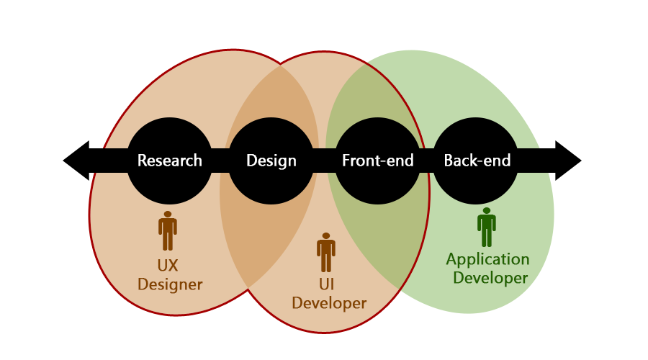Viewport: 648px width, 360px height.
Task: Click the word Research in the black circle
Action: pyautogui.click(x=169, y=161)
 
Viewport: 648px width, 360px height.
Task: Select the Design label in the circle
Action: pyautogui.click(x=271, y=161)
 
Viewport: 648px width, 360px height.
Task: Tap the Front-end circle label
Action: pyautogui.click(x=378, y=161)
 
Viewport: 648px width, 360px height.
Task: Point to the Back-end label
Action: pyautogui.click(x=477, y=161)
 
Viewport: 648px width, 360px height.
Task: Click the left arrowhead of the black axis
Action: pyautogui.click(x=76, y=161)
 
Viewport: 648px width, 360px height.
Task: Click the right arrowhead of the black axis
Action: pyautogui.click(x=568, y=161)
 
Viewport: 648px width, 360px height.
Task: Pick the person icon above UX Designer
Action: pyautogui.click(x=167, y=230)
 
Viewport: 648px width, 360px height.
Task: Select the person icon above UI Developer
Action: pyautogui.click(x=326, y=252)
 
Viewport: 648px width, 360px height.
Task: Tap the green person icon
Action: pyautogui.click(x=487, y=227)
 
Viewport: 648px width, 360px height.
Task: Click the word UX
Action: pyautogui.click(x=167, y=266)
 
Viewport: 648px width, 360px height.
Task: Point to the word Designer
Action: pyautogui.click(x=170, y=285)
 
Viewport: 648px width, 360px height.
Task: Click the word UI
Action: pyautogui.click(x=326, y=284)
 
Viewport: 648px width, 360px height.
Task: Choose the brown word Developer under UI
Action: pyautogui.click(x=329, y=304)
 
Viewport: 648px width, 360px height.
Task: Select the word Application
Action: pyautogui.click(x=487, y=260)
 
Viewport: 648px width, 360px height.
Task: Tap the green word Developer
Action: pyautogui.click(x=490, y=278)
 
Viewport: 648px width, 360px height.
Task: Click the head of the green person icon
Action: pyautogui.click(x=487, y=211)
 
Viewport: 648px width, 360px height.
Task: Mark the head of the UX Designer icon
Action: pyautogui.click(x=167, y=215)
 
